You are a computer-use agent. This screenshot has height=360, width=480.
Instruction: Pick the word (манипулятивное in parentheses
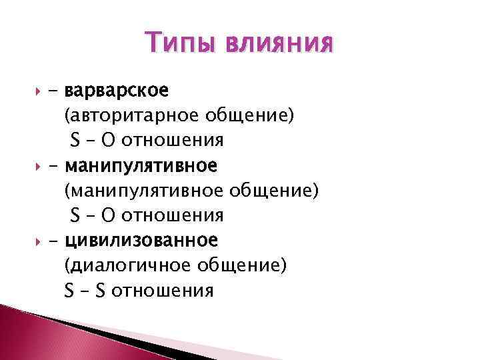(x=147, y=191)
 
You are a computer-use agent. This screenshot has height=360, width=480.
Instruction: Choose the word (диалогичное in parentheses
(x=128, y=265)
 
